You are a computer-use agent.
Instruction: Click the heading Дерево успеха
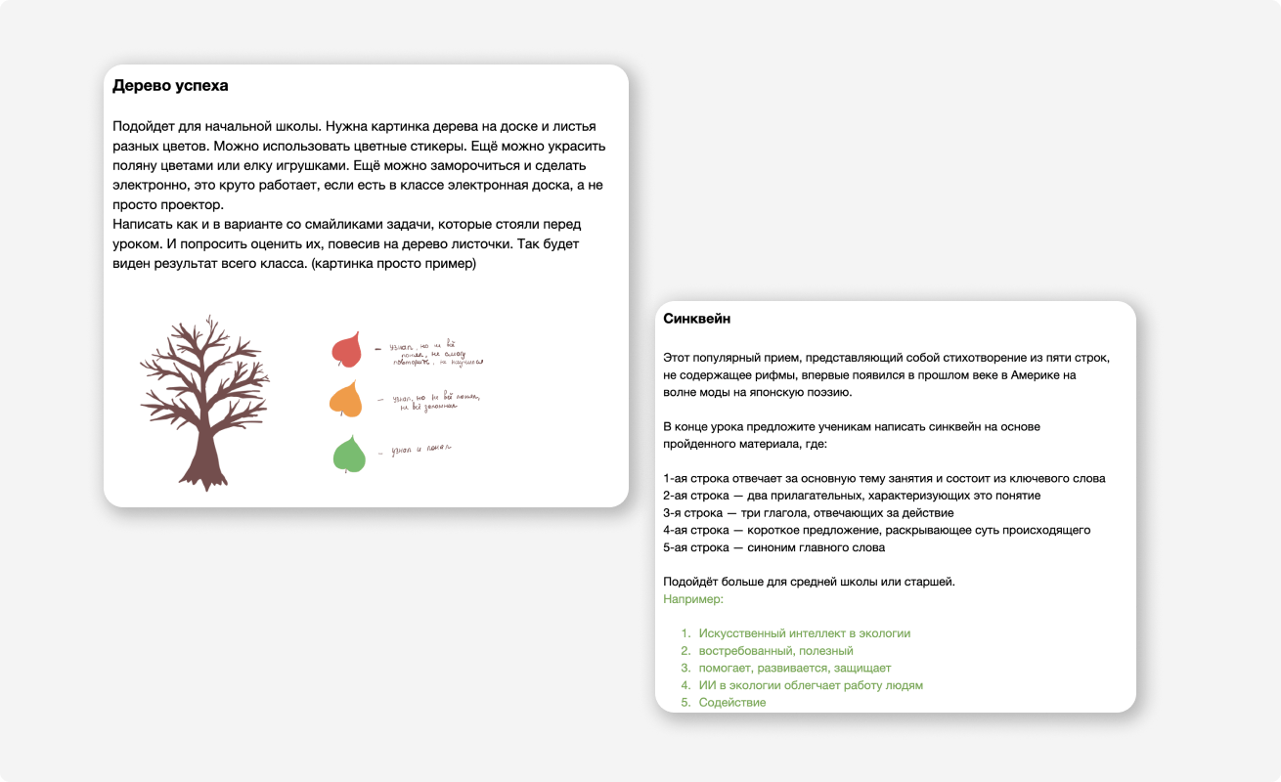(x=170, y=86)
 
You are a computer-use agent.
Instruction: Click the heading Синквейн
(x=696, y=319)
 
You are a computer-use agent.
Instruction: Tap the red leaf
(x=346, y=349)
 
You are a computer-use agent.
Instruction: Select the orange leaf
(x=346, y=399)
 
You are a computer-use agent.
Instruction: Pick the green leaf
(x=349, y=455)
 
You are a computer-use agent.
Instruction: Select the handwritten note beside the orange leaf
(x=430, y=401)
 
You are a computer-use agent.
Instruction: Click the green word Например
(x=692, y=599)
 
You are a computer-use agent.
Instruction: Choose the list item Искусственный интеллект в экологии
(x=804, y=633)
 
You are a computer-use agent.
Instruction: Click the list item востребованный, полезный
(x=775, y=651)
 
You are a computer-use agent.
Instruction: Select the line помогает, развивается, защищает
(x=794, y=669)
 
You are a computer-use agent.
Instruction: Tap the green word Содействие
(x=731, y=703)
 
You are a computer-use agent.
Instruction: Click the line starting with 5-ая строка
(x=773, y=547)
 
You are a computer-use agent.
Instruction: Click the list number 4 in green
(x=685, y=685)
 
